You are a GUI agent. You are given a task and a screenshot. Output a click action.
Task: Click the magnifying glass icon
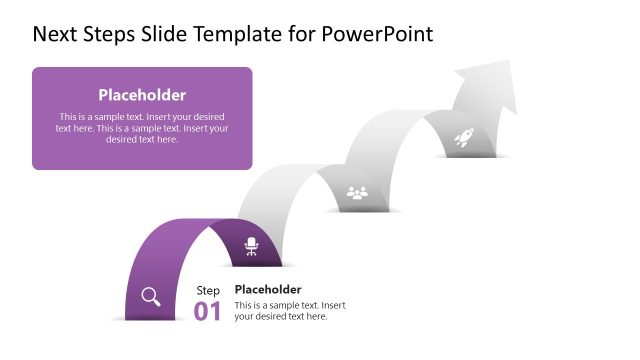tap(151, 296)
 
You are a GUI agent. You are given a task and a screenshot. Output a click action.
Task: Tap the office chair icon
tap(251, 245)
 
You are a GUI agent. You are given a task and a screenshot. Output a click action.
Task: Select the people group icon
tap(357, 192)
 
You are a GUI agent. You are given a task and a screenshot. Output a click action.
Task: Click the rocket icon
tap(463, 139)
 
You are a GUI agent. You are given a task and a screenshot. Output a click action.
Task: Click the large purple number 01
tap(207, 312)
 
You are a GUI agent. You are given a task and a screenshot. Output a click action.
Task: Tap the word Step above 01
tap(208, 291)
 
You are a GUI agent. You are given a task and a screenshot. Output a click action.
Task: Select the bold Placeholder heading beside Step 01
tap(267, 289)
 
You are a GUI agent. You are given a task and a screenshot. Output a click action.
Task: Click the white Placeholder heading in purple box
tap(142, 95)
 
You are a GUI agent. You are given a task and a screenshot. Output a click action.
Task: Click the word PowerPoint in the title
tap(380, 34)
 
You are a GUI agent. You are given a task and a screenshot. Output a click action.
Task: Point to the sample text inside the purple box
tap(142, 128)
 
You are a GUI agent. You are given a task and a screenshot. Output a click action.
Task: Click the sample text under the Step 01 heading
tap(289, 311)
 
